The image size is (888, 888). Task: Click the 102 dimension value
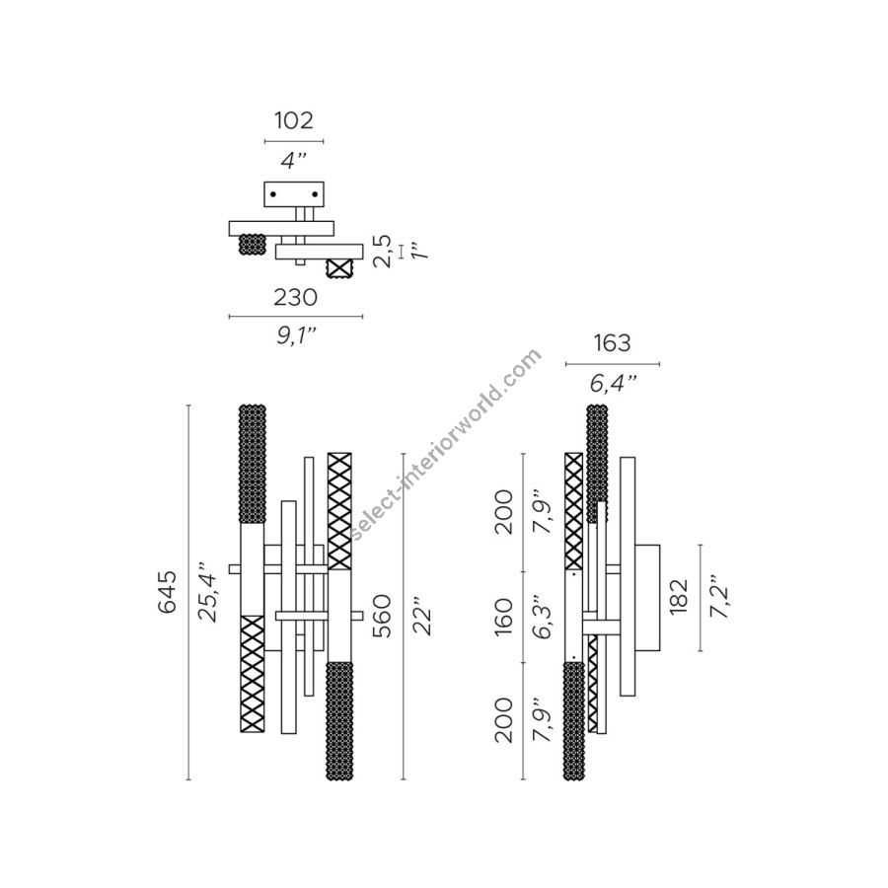293,121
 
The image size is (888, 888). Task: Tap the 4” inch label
294,160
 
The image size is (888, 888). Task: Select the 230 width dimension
295,296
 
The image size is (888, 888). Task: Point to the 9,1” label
295,336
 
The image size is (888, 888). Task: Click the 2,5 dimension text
382,251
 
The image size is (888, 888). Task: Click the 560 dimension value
383,616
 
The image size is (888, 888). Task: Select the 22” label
422,616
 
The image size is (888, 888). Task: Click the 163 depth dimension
612,343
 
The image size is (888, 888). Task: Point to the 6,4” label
613,383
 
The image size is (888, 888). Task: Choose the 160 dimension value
504,616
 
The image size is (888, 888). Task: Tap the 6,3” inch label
542,616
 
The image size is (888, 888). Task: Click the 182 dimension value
678,598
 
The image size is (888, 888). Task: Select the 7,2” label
719,598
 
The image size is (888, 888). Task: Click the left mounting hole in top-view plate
273,195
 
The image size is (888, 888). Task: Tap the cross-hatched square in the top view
340,266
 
